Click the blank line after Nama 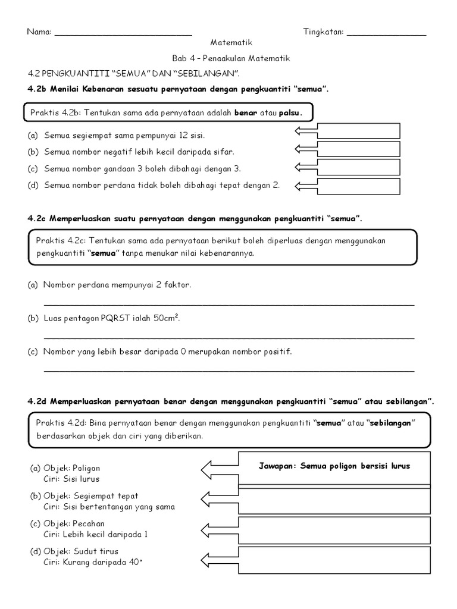point(123,33)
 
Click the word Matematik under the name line point(231,43)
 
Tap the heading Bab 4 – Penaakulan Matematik point(231,58)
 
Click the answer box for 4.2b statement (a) point(359,131)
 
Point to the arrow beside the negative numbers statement point(306,149)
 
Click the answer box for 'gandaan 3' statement point(359,167)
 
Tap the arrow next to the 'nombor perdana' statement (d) point(306,186)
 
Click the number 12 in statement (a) point(167,136)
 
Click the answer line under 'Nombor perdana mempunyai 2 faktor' point(229,304)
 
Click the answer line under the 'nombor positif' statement point(229,371)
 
